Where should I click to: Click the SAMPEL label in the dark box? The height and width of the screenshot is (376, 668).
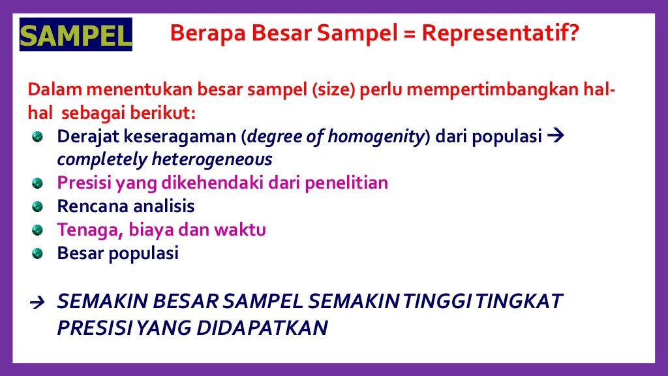point(75,35)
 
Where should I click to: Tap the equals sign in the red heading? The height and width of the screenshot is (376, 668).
point(411,33)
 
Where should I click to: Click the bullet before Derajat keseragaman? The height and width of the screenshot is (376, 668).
point(37,137)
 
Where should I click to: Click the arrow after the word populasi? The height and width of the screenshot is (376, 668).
point(556,137)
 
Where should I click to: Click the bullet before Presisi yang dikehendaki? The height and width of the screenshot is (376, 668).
point(37,183)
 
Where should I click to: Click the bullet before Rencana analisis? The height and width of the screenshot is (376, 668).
point(37,207)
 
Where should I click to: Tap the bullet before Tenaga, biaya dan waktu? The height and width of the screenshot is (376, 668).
point(37,230)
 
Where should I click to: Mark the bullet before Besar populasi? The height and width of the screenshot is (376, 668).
point(37,254)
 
